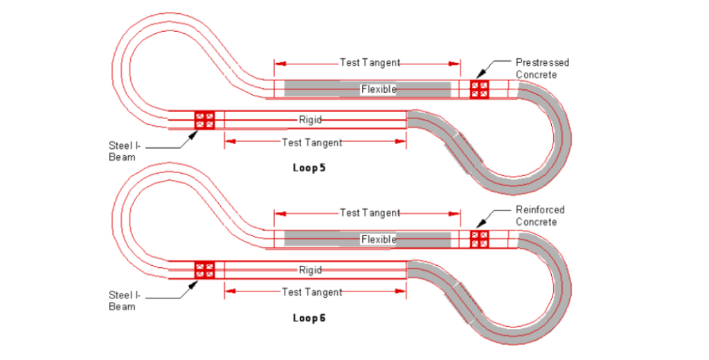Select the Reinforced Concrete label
click(x=540, y=216)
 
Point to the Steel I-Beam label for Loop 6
click(x=124, y=300)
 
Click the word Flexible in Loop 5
click(x=378, y=89)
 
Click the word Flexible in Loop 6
click(x=378, y=240)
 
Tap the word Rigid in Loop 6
click(x=310, y=269)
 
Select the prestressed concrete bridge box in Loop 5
click(x=479, y=89)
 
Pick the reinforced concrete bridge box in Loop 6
click(x=479, y=240)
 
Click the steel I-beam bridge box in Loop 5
click(x=204, y=120)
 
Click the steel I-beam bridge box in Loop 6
click(x=204, y=270)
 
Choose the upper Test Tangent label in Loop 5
click(x=370, y=63)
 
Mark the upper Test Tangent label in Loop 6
click(x=370, y=213)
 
